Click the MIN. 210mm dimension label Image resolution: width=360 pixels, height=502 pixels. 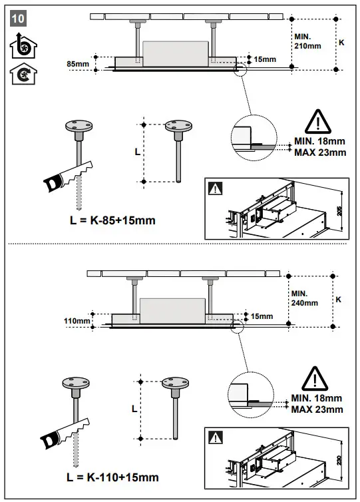(307, 41)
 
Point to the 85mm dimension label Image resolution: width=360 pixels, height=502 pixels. (78, 64)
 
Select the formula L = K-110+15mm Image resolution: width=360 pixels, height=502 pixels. (113, 477)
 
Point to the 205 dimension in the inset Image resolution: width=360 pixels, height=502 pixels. (339, 210)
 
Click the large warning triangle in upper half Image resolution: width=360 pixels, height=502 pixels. (319, 122)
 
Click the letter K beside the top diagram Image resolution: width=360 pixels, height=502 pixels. (342, 41)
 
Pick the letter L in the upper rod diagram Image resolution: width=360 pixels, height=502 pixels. (137, 152)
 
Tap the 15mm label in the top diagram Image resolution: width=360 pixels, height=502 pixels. (265, 60)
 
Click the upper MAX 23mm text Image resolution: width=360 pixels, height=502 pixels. (320, 152)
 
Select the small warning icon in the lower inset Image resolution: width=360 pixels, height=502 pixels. (217, 438)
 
